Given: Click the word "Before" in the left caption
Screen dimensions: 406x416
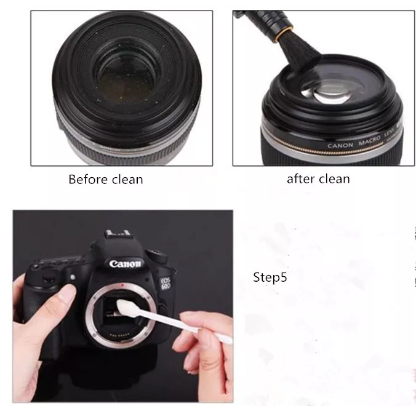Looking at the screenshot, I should [x=86, y=180].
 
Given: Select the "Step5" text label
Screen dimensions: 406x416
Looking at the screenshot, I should [x=270, y=277].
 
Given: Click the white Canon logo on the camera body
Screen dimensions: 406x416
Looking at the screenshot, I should [x=126, y=264].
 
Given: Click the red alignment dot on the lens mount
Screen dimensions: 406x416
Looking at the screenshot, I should [x=126, y=286].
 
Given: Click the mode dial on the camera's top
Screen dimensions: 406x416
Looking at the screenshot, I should [x=158, y=254].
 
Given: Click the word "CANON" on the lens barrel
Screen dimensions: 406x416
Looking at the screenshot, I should [x=340, y=146].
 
